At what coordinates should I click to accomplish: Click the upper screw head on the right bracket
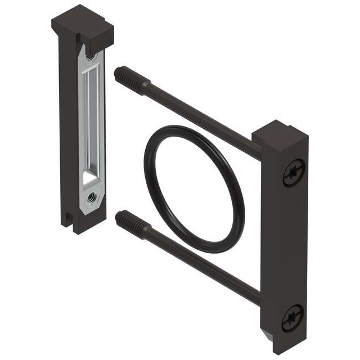click(x=293, y=172)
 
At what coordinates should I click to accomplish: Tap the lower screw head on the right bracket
click(x=292, y=317)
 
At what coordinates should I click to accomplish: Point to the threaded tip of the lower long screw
click(x=126, y=220)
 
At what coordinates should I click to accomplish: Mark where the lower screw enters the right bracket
click(x=257, y=295)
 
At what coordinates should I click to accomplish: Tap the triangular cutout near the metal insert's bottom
click(x=89, y=178)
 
